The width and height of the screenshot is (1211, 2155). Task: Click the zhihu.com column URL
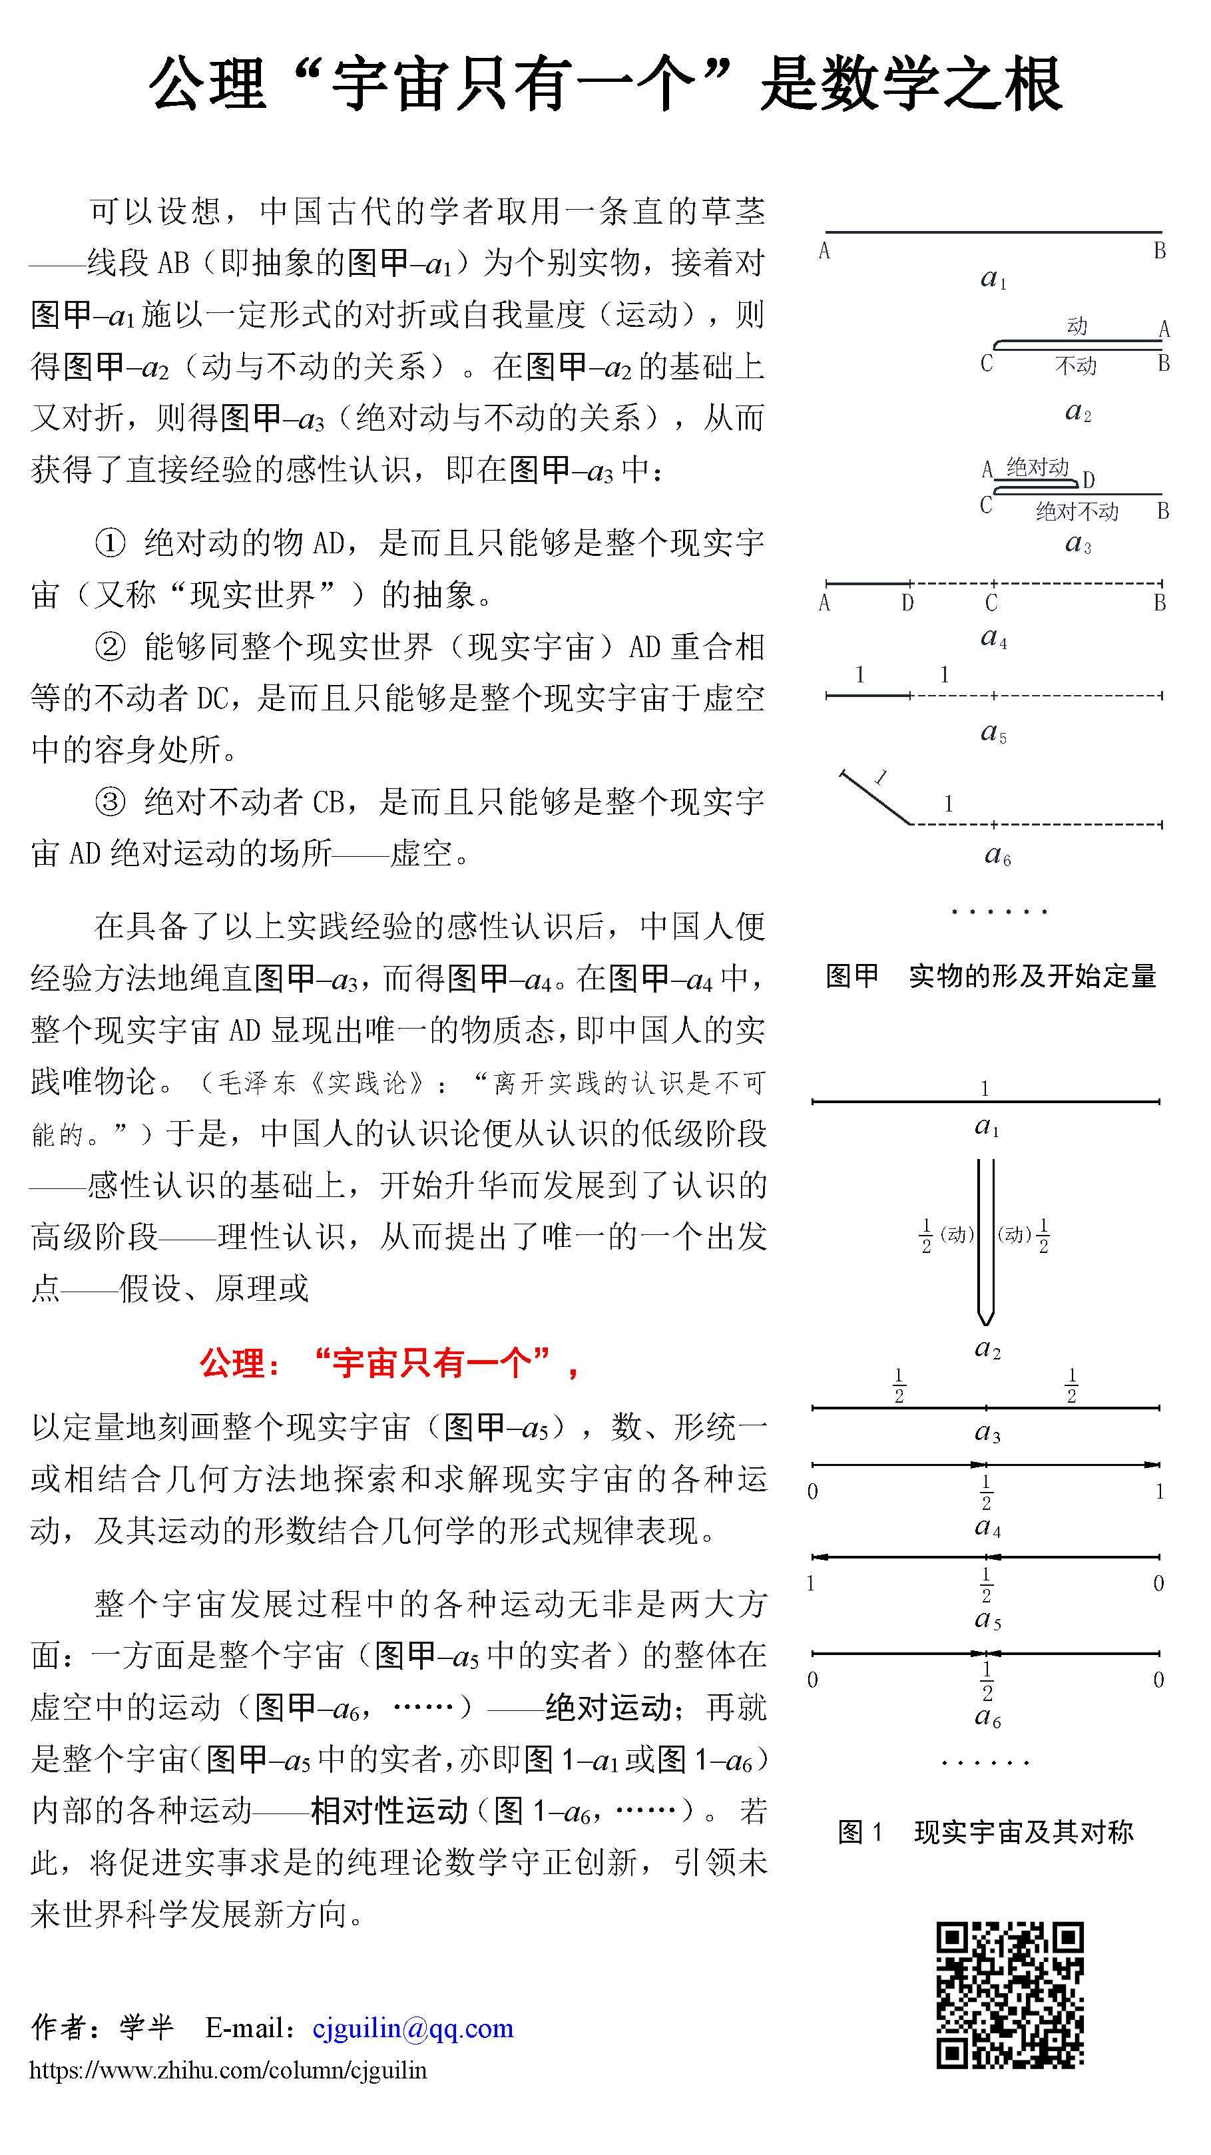tap(228, 2070)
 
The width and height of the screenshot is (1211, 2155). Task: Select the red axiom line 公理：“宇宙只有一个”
tap(389, 1363)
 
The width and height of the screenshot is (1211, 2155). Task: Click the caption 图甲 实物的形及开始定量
tap(990, 975)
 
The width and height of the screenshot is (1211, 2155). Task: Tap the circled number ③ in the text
tap(110, 802)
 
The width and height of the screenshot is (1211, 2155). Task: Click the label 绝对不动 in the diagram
tap(1077, 511)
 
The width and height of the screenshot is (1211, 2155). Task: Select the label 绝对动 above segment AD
tap(1037, 467)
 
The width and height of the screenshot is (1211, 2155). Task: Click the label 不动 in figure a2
tap(1075, 365)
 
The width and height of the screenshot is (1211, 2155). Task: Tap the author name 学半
tap(147, 2027)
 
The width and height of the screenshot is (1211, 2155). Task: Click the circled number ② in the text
tap(110, 646)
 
